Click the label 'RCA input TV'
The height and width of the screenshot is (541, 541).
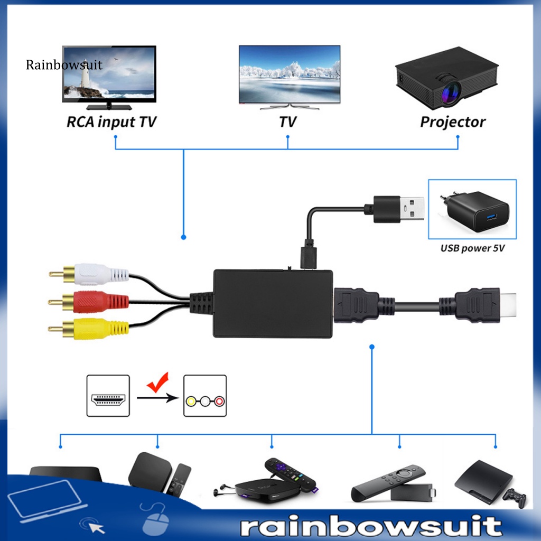click(111, 122)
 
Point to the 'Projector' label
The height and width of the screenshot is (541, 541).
click(453, 122)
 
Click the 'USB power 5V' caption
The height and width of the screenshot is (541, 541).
click(472, 247)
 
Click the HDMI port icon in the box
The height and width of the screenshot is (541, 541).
click(108, 396)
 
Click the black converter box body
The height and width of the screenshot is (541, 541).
click(273, 303)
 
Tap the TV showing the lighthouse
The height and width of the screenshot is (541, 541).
click(109, 74)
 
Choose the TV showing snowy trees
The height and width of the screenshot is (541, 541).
click(289, 74)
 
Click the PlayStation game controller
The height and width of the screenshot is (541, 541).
click(514, 497)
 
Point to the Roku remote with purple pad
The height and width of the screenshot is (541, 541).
click(290, 472)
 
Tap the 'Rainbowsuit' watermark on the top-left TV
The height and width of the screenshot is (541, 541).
click(64, 65)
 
